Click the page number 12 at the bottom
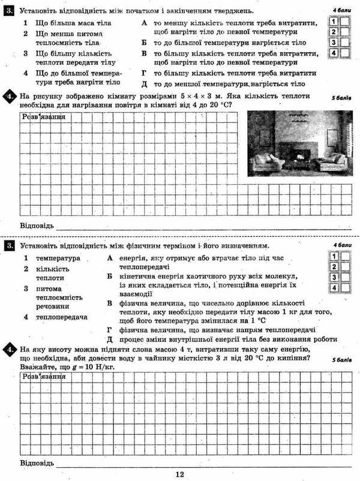coord(179,474)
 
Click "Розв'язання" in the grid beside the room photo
coord(43,116)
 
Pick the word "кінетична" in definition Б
coord(137,276)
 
